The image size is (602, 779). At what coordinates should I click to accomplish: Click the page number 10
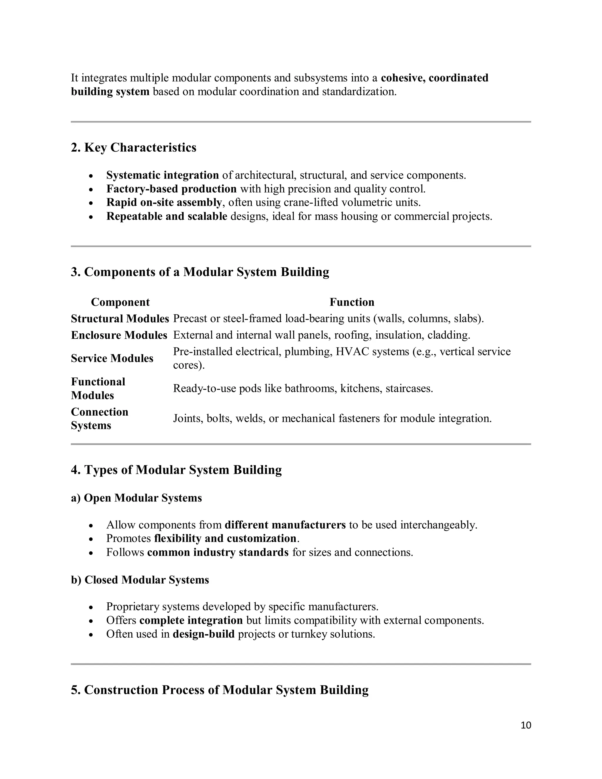(x=526, y=725)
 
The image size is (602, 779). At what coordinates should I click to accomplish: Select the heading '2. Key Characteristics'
(x=133, y=147)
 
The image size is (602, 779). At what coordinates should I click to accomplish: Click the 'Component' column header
(x=120, y=302)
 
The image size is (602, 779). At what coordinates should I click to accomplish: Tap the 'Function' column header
(x=352, y=302)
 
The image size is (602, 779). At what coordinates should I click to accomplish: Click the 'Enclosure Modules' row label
(x=119, y=335)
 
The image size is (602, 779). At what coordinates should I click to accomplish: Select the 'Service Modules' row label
(x=112, y=358)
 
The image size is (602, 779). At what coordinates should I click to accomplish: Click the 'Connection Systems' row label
(x=100, y=418)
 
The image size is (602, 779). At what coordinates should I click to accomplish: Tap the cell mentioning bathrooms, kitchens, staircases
(x=303, y=388)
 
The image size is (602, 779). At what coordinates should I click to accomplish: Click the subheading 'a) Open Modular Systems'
(x=136, y=498)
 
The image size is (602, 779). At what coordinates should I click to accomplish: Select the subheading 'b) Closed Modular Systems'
(x=140, y=580)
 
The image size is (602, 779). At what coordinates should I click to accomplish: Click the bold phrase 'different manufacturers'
(x=285, y=525)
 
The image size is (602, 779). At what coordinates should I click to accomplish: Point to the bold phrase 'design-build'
(x=204, y=634)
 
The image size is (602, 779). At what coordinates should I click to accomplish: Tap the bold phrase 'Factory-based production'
(x=171, y=189)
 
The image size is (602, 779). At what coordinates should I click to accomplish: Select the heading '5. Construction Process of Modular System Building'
(x=219, y=690)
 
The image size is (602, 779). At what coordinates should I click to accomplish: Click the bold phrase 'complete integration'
(x=191, y=620)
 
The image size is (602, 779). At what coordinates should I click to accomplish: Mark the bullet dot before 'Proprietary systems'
(x=91, y=607)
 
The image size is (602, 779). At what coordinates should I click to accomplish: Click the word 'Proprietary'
(x=132, y=607)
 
